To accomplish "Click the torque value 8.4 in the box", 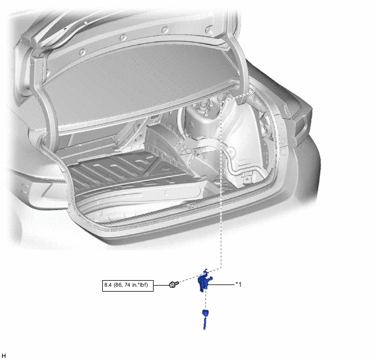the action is tap(108, 285).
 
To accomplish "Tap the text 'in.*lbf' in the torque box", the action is tap(140, 285).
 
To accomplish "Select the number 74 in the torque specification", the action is tap(127, 285).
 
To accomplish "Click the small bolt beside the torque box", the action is tap(174, 284).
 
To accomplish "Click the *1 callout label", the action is tap(238, 284).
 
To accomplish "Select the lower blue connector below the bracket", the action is tap(205, 319).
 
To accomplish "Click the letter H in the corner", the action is tap(4, 356).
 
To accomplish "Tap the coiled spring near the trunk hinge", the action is tap(256, 101).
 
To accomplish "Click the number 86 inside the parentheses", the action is tap(118, 285).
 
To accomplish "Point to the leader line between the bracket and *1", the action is tap(221, 284).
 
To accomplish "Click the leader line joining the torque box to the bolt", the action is tap(161, 285).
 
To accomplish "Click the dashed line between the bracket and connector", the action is tap(205, 301).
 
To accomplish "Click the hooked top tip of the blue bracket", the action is tap(205, 270).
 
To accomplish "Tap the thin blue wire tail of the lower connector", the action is tap(204, 323).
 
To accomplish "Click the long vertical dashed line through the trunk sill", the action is tap(221, 184).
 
